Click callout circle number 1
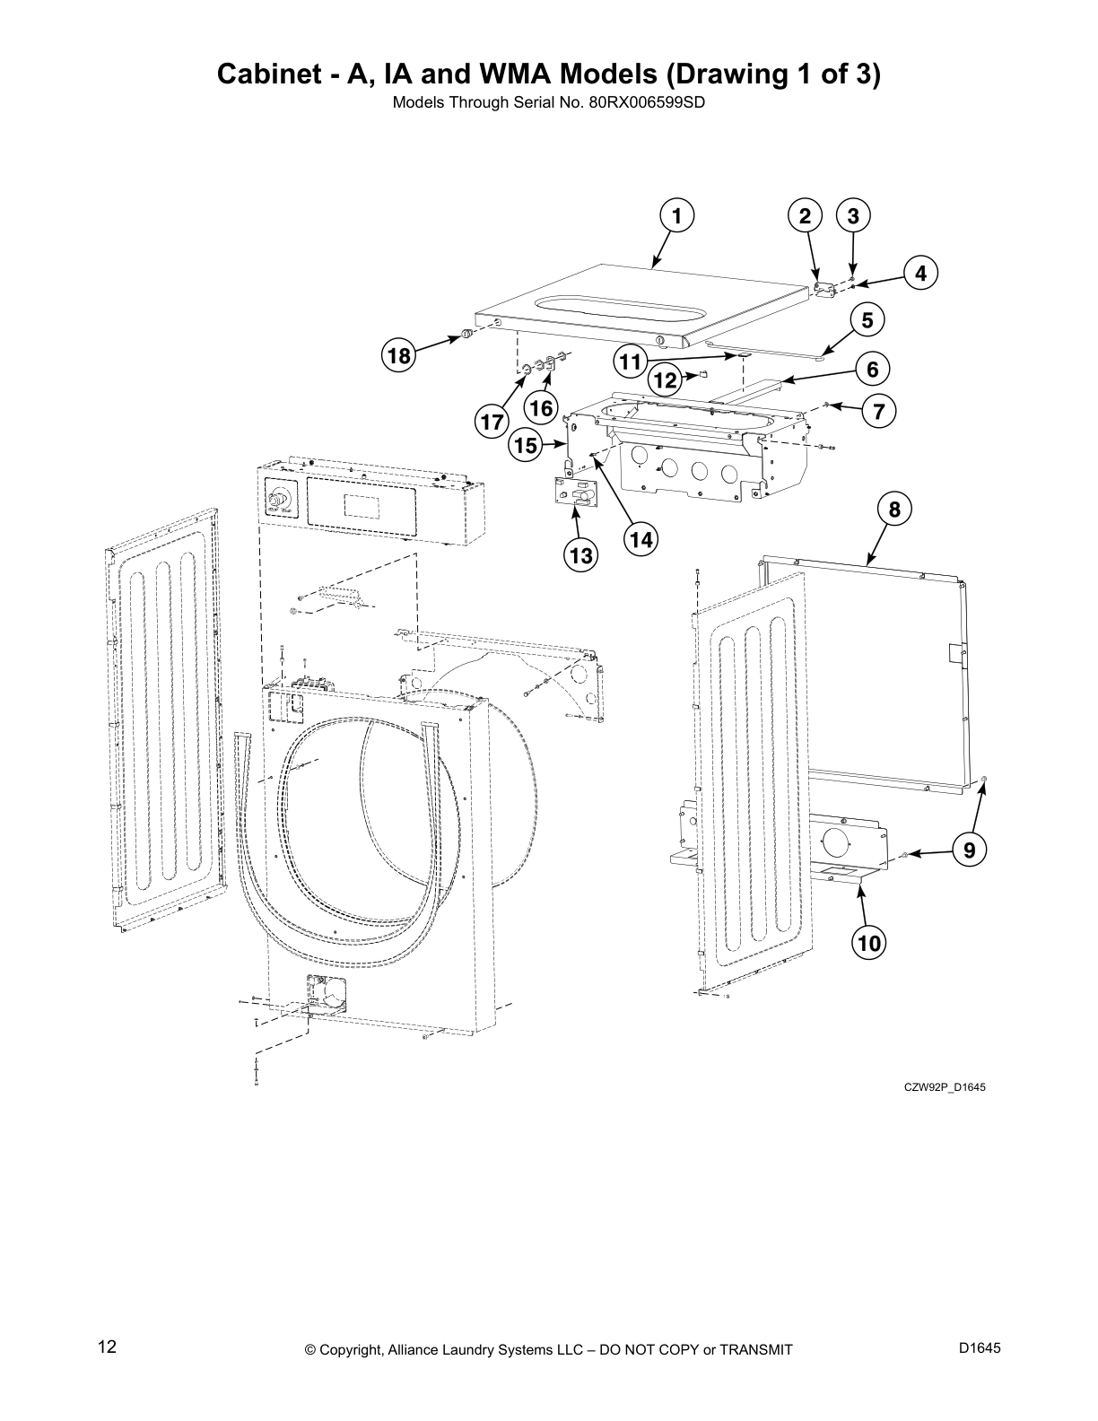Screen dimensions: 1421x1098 (677, 216)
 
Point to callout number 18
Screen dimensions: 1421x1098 (398, 357)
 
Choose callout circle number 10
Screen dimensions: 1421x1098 (869, 942)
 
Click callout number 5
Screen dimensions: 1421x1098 (867, 319)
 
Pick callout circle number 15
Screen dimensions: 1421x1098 (527, 444)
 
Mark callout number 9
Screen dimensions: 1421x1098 (969, 849)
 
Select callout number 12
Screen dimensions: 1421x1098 (665, 380)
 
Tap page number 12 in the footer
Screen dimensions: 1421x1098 (107, 1347)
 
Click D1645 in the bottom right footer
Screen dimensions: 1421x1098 (980, 1347)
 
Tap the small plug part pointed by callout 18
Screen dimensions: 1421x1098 (467, 335)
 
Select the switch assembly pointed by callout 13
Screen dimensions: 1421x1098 (575, 493)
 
